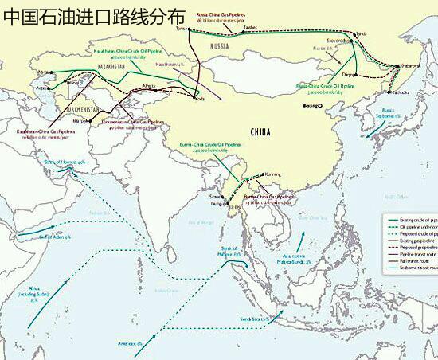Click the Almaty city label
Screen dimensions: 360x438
pos(149,84)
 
